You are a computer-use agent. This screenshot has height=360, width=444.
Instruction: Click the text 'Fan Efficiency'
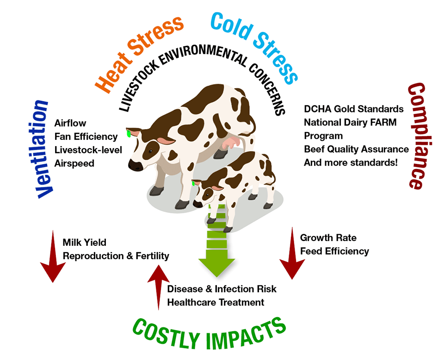86,137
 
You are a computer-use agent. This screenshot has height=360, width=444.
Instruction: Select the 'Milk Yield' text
84,242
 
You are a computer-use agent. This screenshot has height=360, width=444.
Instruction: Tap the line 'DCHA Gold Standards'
354,109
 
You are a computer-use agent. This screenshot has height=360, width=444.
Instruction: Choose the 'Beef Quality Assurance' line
356,149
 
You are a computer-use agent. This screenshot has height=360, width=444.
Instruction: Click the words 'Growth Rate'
328,238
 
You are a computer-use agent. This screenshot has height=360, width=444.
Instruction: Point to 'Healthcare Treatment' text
216,302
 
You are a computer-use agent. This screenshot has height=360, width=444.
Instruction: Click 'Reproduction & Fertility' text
116,256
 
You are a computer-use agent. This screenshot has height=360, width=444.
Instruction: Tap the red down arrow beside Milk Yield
53,256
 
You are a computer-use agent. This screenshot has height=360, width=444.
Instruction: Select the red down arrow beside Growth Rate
292,253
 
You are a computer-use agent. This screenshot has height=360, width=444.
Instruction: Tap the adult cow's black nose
136,165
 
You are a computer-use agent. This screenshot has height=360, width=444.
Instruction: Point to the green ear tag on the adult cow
129,133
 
